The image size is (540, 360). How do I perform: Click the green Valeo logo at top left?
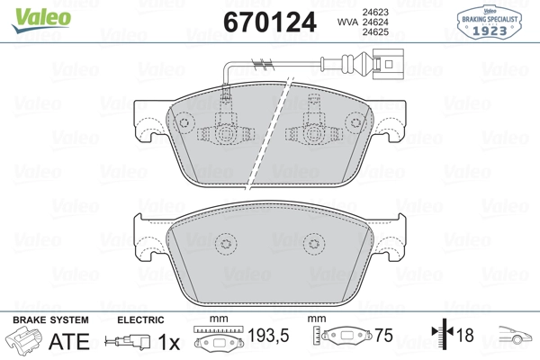(41, 20)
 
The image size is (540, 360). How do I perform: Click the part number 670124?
(270, 22)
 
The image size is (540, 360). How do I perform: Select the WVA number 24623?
(375, 12)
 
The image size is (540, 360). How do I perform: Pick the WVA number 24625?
(375, 32)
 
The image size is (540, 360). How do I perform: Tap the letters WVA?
(347, 22)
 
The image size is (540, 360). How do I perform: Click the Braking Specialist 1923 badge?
(490, 22)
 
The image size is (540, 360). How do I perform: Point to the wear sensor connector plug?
(388, 64)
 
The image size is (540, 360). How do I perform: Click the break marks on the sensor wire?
(263, 63)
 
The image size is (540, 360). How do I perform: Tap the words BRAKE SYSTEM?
(50, 320)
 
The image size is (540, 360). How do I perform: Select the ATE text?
(69, 341)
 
